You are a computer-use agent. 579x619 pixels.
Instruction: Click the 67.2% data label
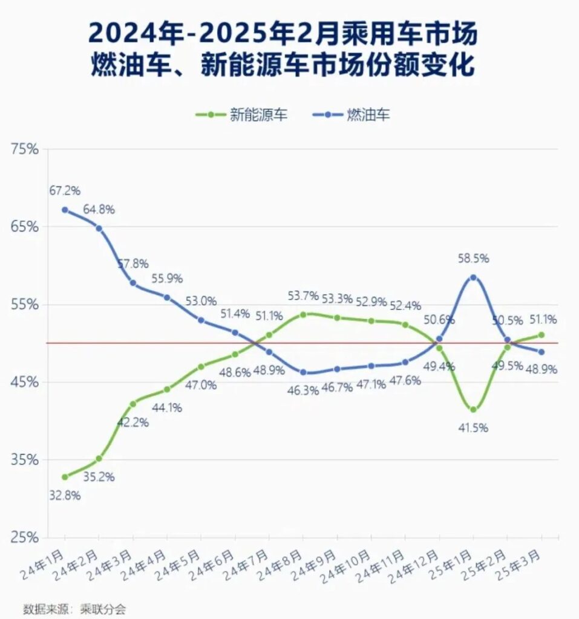click(65, 191)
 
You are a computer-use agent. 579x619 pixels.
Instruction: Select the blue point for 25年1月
click(473, 277)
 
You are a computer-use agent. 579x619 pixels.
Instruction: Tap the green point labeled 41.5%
click(473, 410)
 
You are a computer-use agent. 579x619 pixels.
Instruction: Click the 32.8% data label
click(65, 496)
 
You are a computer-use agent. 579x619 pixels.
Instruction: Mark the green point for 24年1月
click(65, 477)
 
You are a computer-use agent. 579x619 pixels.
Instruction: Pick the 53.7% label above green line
click(303, 296)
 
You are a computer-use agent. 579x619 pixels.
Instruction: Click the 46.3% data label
click(303, 391)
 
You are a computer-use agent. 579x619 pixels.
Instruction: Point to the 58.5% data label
click(473, 258)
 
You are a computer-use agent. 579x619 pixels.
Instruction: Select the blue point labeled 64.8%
click(99, 228)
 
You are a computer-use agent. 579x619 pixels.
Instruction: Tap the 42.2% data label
click(133, 422)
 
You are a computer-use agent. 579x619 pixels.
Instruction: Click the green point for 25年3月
click(541, 335)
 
